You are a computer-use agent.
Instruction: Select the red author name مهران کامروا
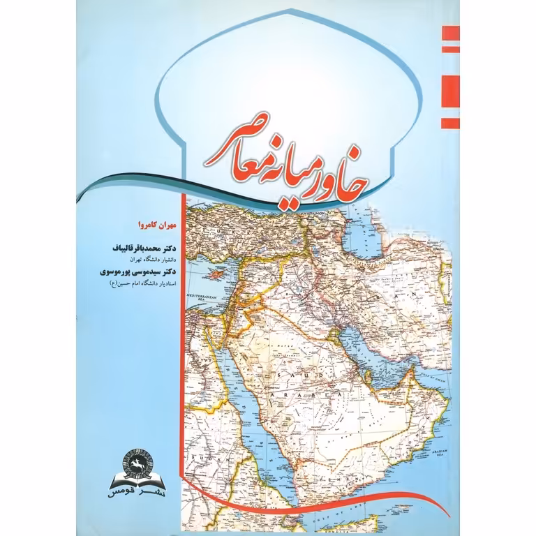click(x=147, y=225)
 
